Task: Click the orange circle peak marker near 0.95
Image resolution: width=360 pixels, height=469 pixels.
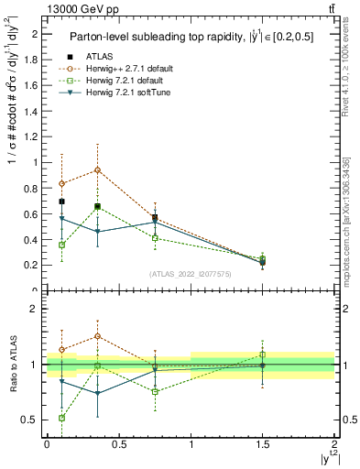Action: coord(97,169)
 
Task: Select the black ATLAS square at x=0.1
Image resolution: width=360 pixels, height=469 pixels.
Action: coord(61,202)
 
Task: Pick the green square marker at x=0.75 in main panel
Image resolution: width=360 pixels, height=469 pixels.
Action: coord(155,238)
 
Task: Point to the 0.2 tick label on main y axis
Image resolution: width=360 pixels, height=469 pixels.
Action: coord(32,265)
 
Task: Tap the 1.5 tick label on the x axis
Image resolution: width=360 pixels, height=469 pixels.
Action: coord(263,443)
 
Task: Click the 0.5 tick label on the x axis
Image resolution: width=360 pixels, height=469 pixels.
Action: coord(119,443)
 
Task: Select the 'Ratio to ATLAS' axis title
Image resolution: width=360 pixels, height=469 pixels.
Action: coord(12,365)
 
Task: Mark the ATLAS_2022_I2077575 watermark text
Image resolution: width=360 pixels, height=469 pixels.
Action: coord(191,274)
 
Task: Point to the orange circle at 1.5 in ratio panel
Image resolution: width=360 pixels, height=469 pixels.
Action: coord(263,365)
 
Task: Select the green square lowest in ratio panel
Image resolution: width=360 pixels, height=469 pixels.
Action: coord(61,418)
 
